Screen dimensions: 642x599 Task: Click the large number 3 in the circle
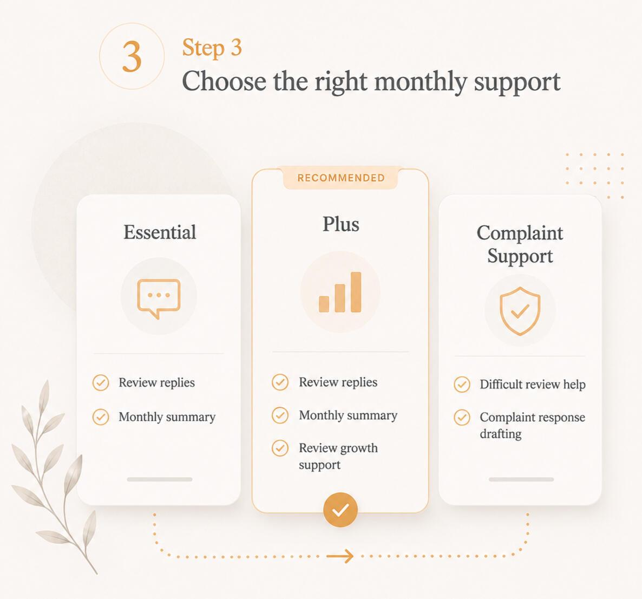pos(132,56)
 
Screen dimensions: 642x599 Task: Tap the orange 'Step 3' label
pos(212,48)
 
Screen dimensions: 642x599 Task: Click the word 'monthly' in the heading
pos(421,82)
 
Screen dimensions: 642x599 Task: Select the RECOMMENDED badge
pos(340,178)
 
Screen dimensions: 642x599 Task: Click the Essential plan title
pos(160,232)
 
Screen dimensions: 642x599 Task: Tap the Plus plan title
pos(340,224)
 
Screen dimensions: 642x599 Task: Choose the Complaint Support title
pos(520,244)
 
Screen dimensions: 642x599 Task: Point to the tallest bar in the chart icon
pos(356,292)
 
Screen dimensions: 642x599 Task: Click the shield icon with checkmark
pos(520,310)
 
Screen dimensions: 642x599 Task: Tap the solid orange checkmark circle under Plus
pos(340,510)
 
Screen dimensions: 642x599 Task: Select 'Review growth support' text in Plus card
pos(338,456)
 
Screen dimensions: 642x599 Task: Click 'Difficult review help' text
pos(533,385)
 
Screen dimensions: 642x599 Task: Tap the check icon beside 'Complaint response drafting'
pos(462,418)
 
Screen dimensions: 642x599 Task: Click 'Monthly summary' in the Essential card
pos(167,416)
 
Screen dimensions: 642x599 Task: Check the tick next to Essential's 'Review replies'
pos(101,383)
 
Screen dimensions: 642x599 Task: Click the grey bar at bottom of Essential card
pos(160,479)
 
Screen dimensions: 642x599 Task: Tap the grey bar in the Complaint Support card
pos(521,479)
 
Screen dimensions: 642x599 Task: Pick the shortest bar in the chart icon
pos(324,304)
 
